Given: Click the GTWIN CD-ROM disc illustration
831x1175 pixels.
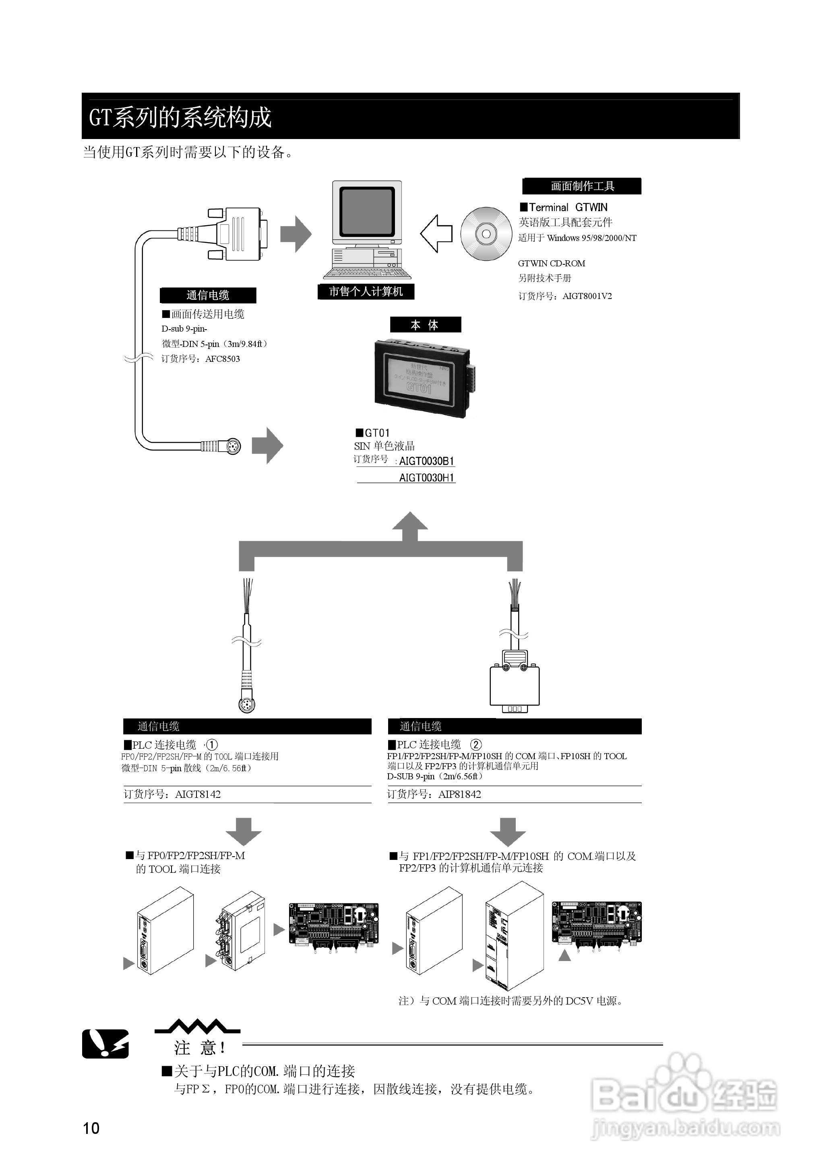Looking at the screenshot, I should pos(486,233).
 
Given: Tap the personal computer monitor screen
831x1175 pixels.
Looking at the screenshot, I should pos(366,210).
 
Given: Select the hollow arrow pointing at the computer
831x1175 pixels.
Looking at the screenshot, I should pos(436,233).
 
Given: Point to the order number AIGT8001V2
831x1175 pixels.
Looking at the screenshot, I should pos(587,296).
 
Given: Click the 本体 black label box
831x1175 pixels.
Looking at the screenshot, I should pos(425,325).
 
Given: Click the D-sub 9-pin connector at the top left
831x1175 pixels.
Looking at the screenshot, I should pos(238,234).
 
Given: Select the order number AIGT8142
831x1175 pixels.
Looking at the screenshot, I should pos(198,795).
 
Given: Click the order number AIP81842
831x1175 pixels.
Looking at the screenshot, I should pos(459,795).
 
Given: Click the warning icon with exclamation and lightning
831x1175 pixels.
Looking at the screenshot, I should pos(105,1043).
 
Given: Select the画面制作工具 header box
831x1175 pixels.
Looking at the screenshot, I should pos(581,186).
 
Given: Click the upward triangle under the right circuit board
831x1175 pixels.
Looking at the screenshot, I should pos(564,955).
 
